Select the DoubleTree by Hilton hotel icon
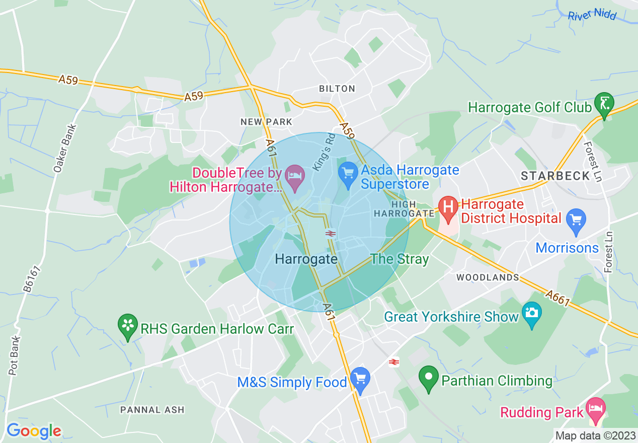[294, 176]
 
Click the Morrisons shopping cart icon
[576, 220]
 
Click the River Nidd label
[592, 15]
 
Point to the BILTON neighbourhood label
[337, 89]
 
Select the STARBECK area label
[555, 176]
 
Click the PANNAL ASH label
[152, 410]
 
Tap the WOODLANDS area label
[488, 277]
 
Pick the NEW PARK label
[266, 122]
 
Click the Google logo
[34, 431]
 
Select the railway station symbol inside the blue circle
[331, 233]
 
